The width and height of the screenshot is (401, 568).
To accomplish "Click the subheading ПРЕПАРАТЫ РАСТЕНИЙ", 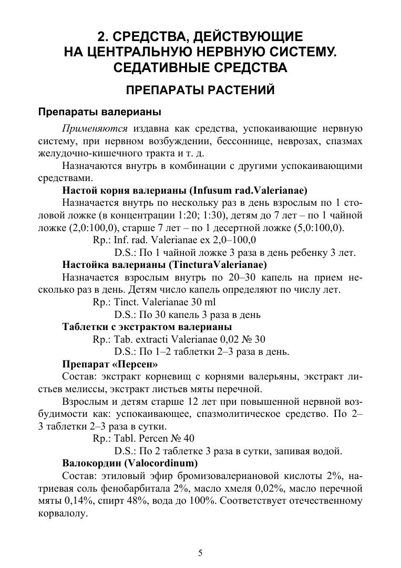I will [x=200, y=90].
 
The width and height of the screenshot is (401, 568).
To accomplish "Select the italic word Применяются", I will [x=95, y=129].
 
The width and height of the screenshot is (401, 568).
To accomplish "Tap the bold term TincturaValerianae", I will [x=223, y=265].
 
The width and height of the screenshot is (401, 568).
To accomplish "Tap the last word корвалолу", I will [x=62, y=513].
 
